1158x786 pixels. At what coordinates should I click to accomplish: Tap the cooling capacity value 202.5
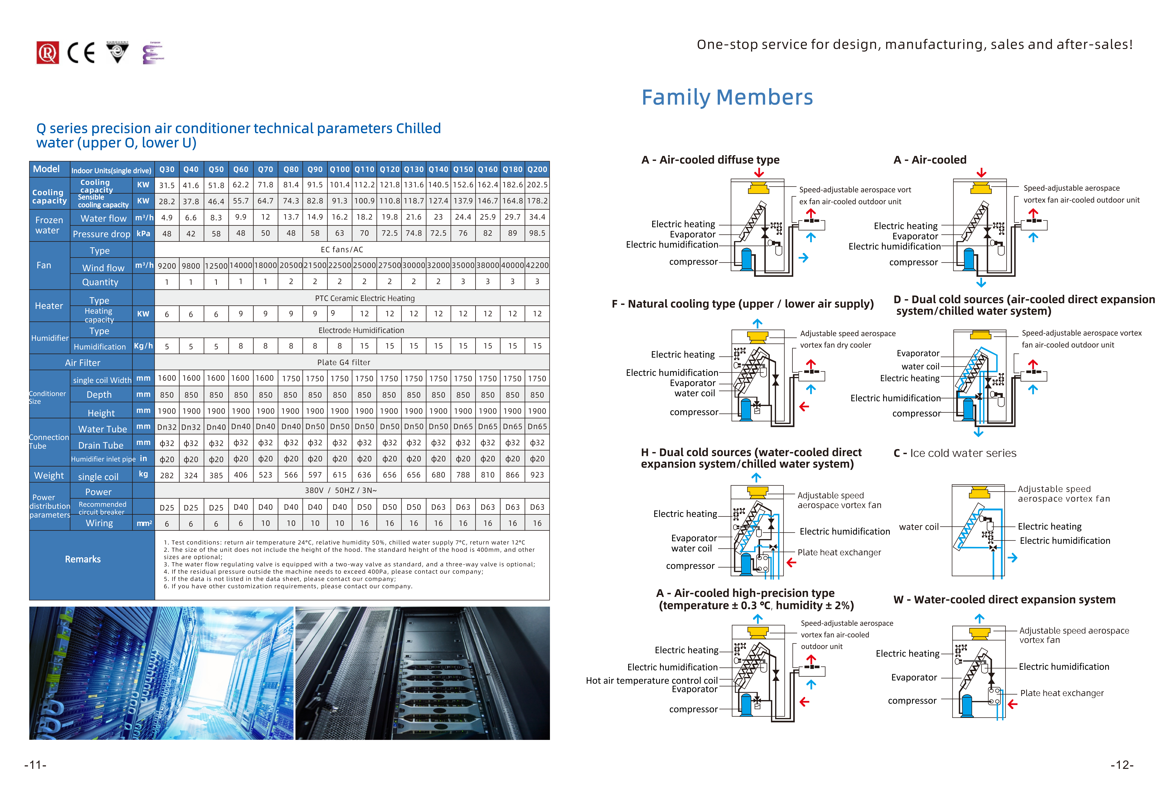tap(537, 185)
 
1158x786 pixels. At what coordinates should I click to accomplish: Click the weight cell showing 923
tap(537, 475)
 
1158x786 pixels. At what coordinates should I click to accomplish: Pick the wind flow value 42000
tap(537, 266)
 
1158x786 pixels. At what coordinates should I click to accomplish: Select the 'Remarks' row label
tap(83, 559)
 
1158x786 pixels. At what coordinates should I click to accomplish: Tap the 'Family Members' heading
tap(727, 97)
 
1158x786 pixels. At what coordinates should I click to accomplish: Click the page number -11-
tap(35, 765)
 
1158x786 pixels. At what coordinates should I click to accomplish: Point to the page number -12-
tap(1122, 765)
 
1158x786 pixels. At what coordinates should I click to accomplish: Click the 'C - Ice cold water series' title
tap(955, 453)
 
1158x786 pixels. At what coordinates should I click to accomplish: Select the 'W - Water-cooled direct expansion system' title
tap(1005, 600)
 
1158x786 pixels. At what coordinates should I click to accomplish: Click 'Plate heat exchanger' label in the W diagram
tap(1062, 693)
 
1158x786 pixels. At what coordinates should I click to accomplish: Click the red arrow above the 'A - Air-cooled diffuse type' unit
tap(759, 172)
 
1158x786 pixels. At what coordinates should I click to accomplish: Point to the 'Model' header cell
tap(46, 169)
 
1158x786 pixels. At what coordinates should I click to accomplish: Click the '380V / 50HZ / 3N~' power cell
tap(341, 490)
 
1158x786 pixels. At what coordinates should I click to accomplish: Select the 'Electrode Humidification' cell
tap(361, 330)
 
